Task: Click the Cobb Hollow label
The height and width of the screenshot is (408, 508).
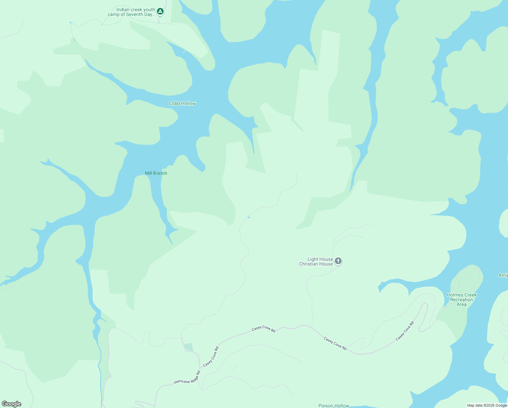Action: [182, 103]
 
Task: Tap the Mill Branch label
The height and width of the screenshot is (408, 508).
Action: [156, 173]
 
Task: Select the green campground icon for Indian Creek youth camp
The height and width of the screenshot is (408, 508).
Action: [160, 12]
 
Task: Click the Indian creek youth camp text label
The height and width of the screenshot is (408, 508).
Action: [131, 12]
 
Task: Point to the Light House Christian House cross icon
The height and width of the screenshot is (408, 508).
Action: [338, 261]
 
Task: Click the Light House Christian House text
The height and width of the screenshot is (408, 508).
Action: [316, 261]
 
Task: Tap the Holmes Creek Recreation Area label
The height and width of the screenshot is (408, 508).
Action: [461, 300]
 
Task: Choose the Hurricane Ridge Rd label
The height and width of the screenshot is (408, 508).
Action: [187, 377]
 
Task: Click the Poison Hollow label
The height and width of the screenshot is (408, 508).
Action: [333, 406]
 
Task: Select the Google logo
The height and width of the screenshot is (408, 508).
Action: [12, 404]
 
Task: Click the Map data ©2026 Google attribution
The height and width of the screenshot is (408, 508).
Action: [487, 405]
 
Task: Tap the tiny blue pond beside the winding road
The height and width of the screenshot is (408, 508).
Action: [249, 217]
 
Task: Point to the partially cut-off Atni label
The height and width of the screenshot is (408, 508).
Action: [503, 275]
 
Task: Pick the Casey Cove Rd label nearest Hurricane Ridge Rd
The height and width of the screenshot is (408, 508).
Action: [211, 357]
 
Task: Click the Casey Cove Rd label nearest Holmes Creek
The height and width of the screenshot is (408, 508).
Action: [405, 331]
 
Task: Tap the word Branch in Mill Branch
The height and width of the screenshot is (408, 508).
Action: [160, 173]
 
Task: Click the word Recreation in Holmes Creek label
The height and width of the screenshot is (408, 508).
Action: [461, 300]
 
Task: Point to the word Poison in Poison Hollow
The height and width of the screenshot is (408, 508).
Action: [326, 406]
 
